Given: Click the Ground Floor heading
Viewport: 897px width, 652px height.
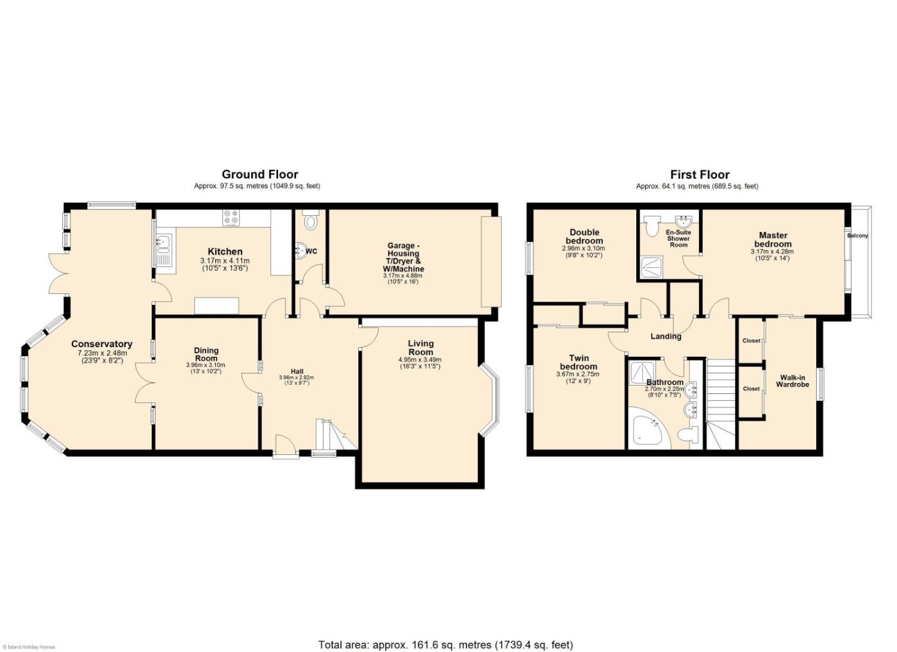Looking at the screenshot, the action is point(260,174).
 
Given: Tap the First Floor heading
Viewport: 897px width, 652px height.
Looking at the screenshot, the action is point(700,174).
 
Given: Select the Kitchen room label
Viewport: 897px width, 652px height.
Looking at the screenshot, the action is point(225,252).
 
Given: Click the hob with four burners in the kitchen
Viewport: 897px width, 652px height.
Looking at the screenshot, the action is point(231,218).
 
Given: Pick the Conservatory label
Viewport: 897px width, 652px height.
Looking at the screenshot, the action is point(102,344).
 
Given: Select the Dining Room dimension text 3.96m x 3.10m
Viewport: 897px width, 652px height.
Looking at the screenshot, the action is point(206,365).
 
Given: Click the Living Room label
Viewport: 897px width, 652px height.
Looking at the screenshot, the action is point(420,347).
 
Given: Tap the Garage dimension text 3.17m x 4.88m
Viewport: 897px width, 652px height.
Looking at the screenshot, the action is point(403,276).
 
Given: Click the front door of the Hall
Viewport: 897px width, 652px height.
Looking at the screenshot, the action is point(286,445).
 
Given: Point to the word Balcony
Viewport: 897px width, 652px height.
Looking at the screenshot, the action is point(857,236).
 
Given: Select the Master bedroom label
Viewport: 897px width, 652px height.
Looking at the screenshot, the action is point(773,240).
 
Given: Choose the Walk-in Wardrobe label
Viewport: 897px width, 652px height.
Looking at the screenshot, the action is point(793,380).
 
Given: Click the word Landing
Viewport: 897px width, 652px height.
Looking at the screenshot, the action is point(666,336).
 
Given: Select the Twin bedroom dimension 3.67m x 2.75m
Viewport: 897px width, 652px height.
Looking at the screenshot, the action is point(578,374).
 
